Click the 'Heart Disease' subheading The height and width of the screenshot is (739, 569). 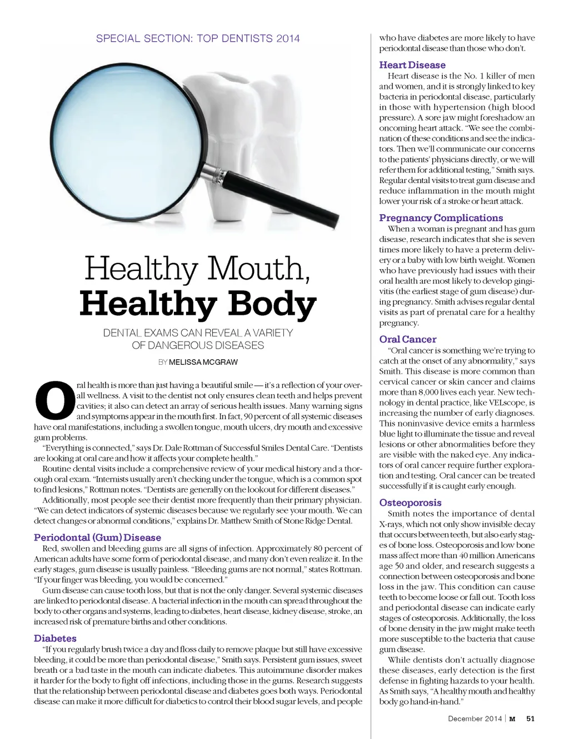412,65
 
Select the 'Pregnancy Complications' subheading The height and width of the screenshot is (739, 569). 441,218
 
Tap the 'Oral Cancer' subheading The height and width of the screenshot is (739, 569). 407,339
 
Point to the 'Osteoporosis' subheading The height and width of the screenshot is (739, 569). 410,503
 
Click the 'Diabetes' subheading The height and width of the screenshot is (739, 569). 55,638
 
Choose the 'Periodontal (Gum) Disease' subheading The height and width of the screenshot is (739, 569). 97,538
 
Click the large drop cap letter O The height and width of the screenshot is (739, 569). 54,401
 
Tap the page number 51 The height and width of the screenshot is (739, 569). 530,718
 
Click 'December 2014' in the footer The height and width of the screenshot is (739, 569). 475,718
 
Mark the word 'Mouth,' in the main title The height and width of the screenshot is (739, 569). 258,269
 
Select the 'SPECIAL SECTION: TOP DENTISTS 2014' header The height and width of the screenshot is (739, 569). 198,38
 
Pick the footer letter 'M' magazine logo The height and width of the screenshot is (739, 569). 512,718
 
